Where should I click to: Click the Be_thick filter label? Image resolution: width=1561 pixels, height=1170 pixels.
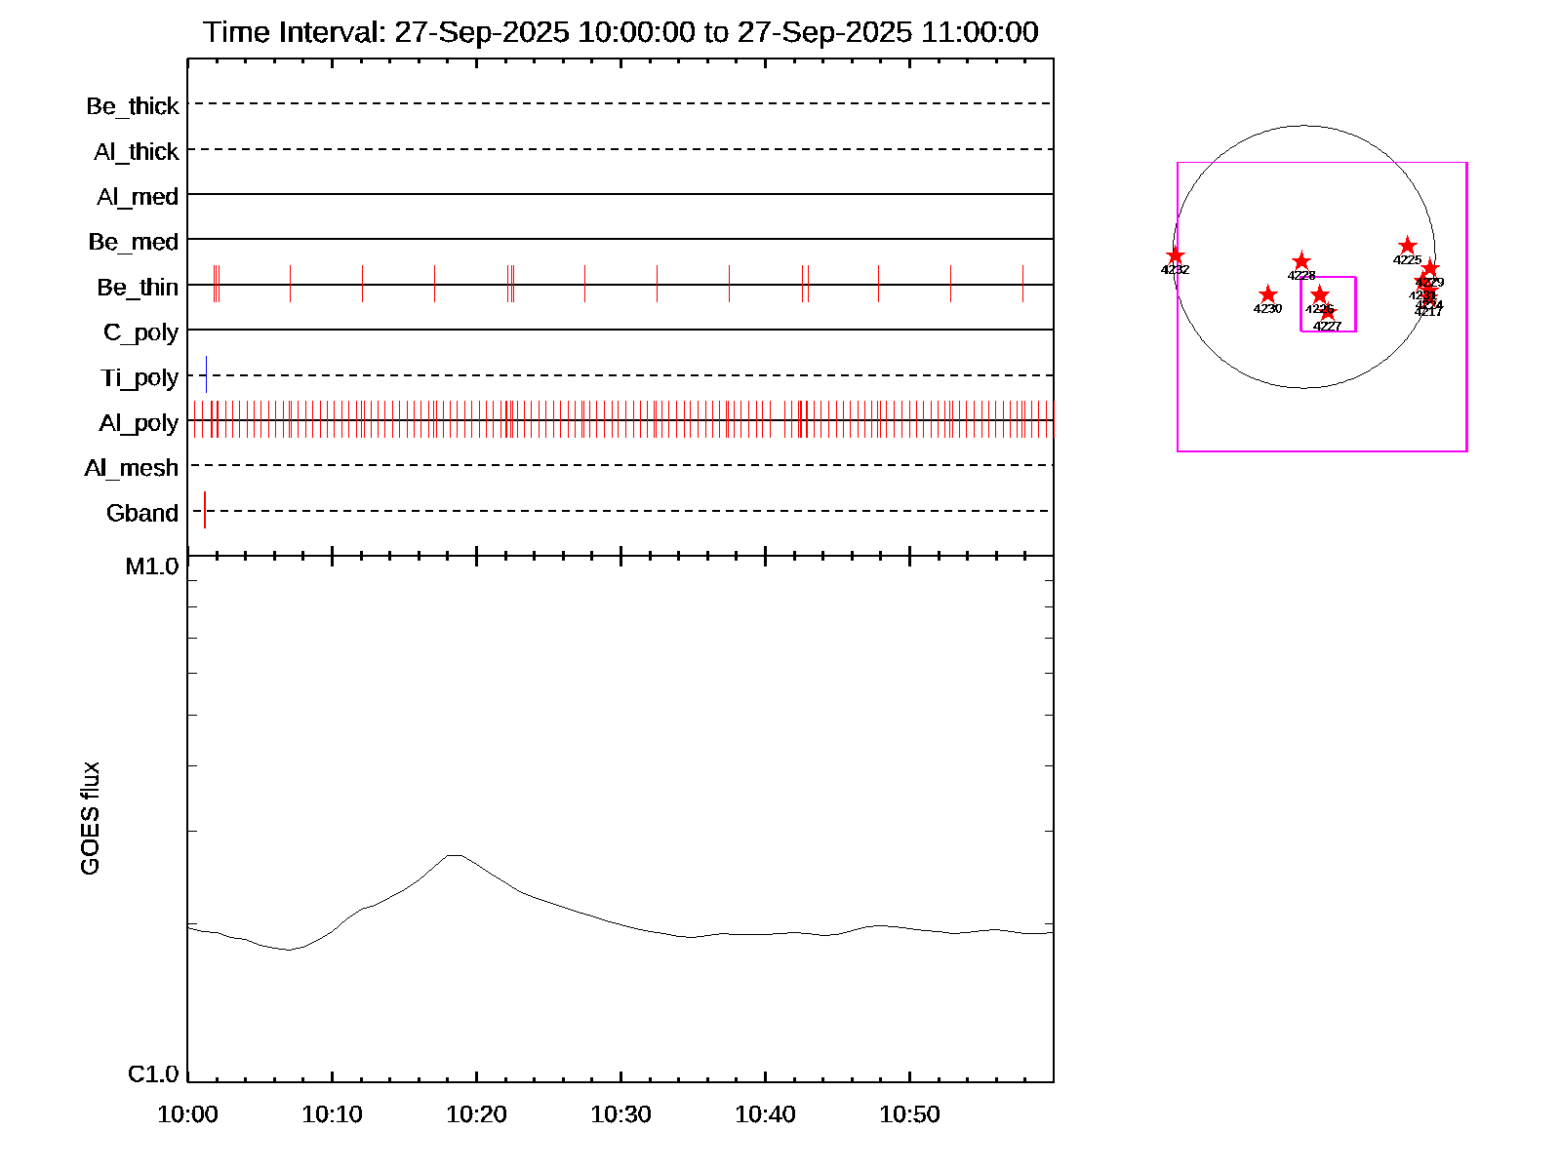[x=133, y=106]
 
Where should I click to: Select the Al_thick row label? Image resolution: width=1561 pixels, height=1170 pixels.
[x=137, y=152]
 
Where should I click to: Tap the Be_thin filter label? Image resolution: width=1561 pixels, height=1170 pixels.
[x=138, y=288]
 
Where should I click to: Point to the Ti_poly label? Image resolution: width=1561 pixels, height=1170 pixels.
[x=140, y=378]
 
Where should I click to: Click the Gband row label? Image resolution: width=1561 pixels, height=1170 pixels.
[x=142, y=514]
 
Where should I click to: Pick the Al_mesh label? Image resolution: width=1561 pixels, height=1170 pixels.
[x=132, y=469]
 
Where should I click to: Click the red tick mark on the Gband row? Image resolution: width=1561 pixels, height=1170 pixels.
[x=205, y=510]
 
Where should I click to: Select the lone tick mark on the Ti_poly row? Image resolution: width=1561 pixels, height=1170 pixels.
[x=206, y=374]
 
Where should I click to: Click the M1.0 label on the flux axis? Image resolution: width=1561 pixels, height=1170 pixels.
[x=152, y=566]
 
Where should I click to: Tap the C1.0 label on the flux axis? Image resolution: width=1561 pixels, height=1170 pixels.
[x=153, y=1074]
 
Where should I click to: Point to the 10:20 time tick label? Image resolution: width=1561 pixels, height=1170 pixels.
[x=476, y=1114]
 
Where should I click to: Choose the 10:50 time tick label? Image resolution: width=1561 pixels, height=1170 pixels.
[x=909, y=1114]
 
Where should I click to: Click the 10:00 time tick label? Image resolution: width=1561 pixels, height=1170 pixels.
[x=187, y=1114]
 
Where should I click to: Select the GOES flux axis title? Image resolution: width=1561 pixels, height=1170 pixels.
[x=90, y=818]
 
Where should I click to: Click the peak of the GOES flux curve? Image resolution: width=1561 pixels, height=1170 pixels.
[x=454, y=855]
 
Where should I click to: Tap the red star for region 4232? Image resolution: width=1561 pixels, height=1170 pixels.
[x=1176, y=255]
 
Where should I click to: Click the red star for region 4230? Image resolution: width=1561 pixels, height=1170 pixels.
[x=1267, y=294]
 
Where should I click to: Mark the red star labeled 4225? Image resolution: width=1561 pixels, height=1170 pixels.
[x=1407, y=246]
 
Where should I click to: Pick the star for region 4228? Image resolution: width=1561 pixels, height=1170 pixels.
[x=1301, y=261]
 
